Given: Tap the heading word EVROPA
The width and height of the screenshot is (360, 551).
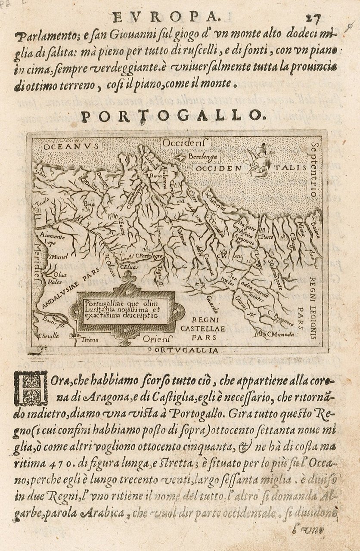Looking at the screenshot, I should [165, 16].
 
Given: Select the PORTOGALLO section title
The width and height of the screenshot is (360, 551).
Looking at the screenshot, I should [171, 115].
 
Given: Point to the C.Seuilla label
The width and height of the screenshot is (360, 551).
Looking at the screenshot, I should [48, 336].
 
